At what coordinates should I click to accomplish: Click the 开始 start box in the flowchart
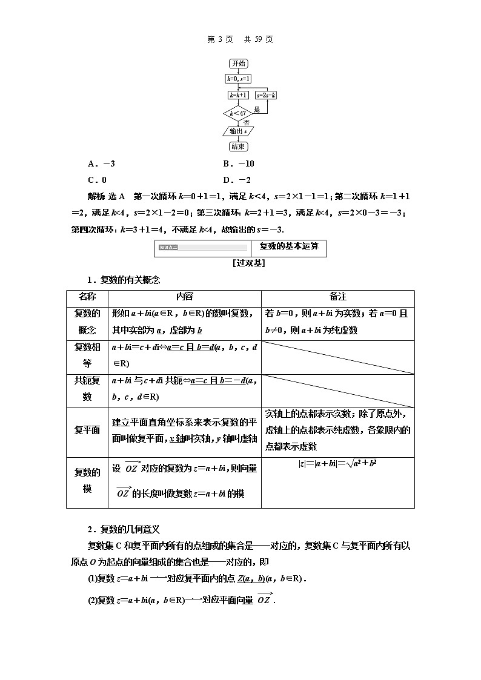[x=238, y=64]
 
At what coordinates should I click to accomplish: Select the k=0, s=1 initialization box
[x=238, y=79]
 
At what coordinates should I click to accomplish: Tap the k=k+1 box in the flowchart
[x=237, y=95]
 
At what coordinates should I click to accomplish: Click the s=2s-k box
[x=266, y=95]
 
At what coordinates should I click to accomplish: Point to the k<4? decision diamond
[x=237, y=113]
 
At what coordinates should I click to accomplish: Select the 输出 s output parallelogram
[x=237, y=131]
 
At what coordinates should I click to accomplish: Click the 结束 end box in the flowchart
[x=238, y=147]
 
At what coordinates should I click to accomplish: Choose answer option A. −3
[x=101, y=164]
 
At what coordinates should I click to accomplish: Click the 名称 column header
[x=87, y=297]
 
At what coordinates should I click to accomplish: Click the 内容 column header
[x=184, y=297]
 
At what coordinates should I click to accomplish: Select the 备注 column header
[x=337, y=297]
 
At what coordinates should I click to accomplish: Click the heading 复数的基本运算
[x=289, y=246]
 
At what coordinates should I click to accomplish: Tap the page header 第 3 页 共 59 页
[x=240, y=39]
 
